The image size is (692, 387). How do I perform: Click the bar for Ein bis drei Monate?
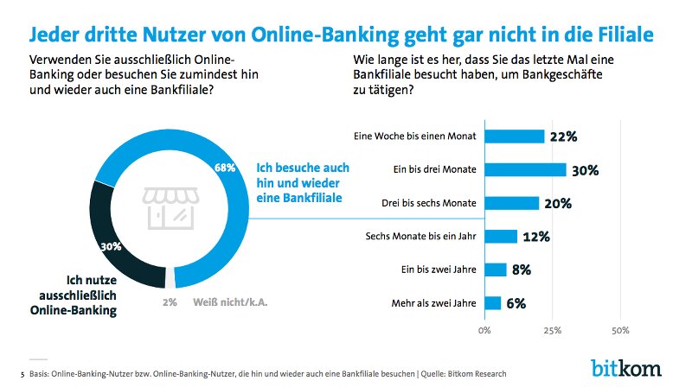[525, 169]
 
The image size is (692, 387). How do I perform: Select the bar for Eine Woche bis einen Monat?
[514, 136]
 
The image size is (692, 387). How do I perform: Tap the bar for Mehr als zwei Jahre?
[492, 303]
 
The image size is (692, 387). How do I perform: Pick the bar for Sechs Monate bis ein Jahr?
[501, 236]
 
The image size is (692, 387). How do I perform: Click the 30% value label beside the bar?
[585, 170]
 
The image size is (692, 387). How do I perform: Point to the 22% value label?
[562, 136]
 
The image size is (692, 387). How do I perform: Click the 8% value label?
[522, 270]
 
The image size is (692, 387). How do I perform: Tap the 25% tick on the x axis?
[552, 330]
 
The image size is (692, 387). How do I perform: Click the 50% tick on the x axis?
[619, 330]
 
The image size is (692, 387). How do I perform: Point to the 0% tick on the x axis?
[484, 330]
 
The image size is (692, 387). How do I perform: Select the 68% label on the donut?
[226, 168]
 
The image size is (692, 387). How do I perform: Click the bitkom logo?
[626, 366]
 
